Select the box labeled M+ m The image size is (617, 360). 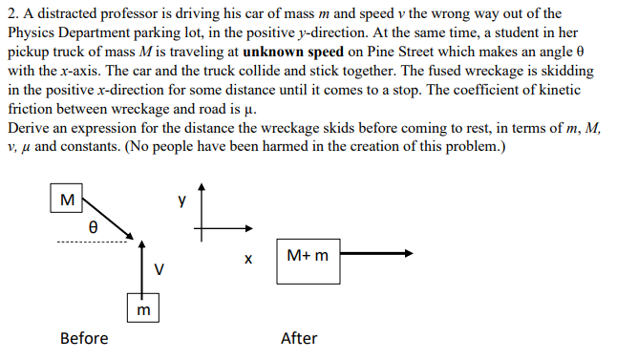tap(307, 255)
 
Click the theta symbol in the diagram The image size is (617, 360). tap(92, 228)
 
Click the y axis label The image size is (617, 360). tap(181, 201)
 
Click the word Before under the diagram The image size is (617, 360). tap(84, 338)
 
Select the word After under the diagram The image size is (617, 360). tap(299, 338)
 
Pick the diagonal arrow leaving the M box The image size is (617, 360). tap(109, 218)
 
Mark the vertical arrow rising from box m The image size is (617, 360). tap(142, 267)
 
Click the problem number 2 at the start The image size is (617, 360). tap(11, 14)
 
